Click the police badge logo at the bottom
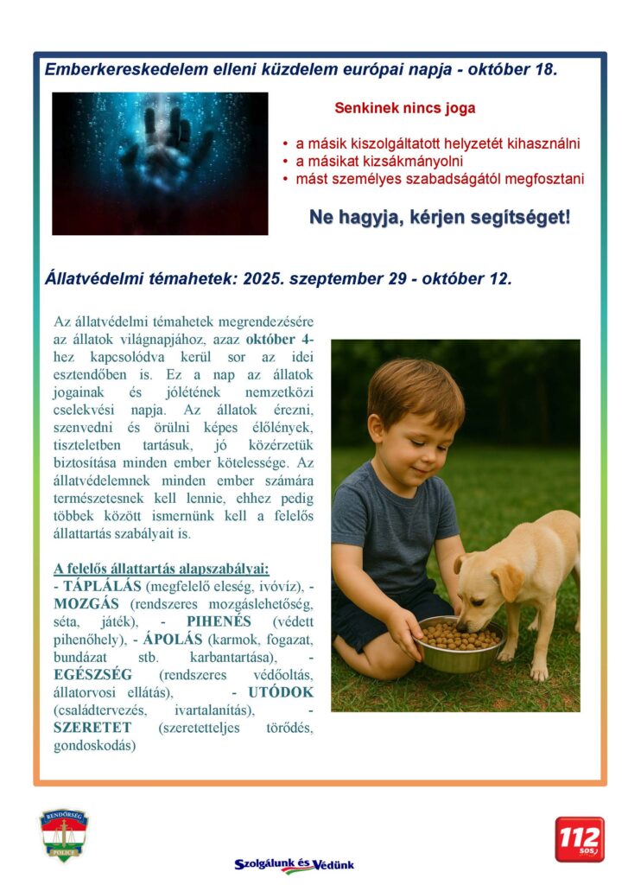click(63, 835)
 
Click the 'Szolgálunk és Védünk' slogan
click(295, 864)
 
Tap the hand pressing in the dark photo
click(163, 152)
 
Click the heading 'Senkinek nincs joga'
click(404, 109)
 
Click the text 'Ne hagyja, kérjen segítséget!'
click(440, 217)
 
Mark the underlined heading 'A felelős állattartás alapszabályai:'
click(162, 568)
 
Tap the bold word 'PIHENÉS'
click(219, 621)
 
